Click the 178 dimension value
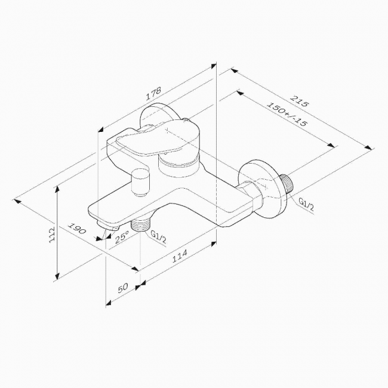coord(153,93)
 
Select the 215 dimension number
coord(300,101)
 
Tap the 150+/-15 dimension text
coord(287,113)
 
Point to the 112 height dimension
coord(52,235)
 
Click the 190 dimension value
coord(77,229)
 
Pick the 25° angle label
coord(122,236)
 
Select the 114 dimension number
coord(180,256)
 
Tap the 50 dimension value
coord(123,288)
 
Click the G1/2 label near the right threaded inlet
coord(306,204)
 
